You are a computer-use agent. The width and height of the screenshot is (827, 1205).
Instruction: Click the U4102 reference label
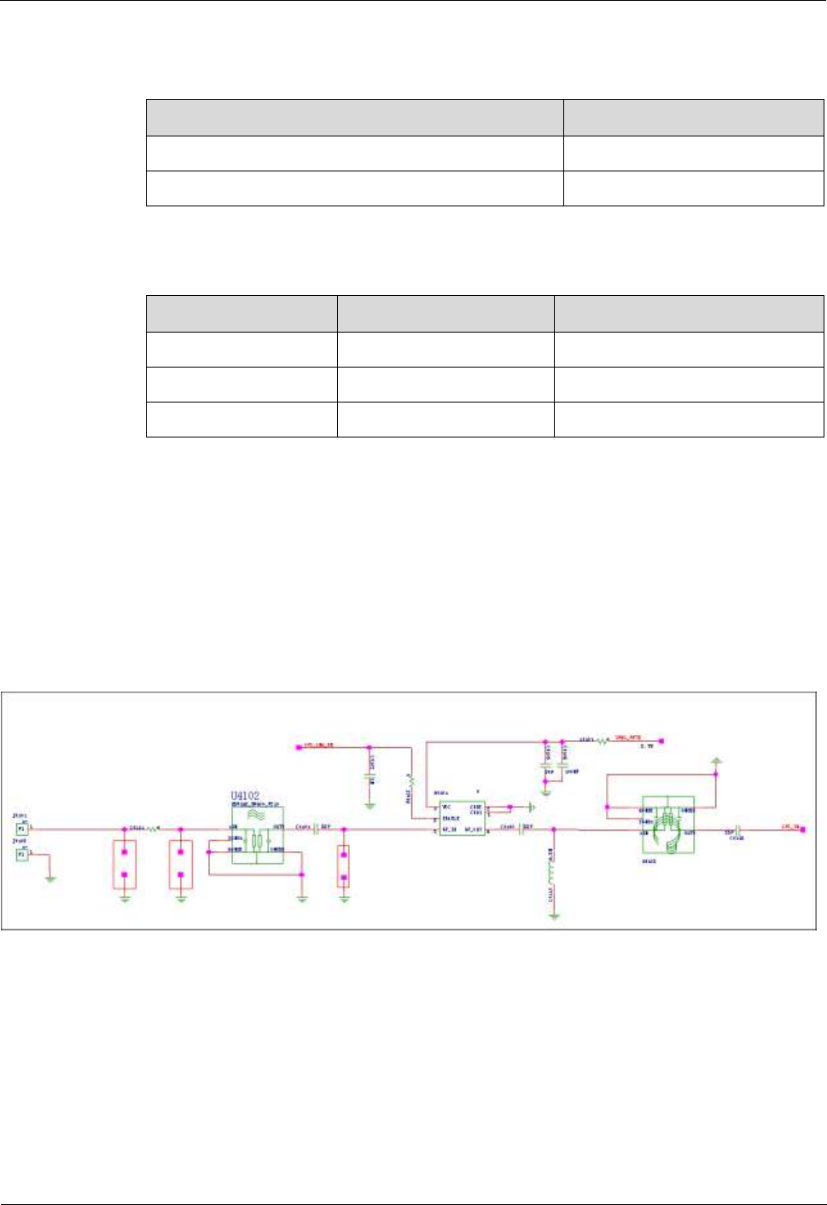click(245, 797)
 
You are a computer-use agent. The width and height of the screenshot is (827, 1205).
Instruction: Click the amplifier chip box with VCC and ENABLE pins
click(462, 818)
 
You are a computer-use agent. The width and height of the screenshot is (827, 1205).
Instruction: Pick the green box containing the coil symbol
click(668, 824)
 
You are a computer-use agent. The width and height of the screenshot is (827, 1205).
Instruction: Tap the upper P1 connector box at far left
click(22, 828)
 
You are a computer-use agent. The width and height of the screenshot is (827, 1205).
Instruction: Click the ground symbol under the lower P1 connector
click(50, 878)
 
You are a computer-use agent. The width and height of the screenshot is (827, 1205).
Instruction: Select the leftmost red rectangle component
click(125, 865)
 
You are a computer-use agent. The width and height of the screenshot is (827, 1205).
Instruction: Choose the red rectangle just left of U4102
click(181, 865)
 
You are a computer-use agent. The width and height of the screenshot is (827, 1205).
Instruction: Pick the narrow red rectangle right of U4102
click(343, 866)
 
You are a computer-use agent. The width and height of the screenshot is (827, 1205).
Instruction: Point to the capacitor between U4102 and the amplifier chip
click(316, 828)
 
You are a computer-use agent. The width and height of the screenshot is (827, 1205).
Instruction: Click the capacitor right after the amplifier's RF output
click(520, 828)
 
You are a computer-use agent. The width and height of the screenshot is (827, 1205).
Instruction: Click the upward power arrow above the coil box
click(716, 759)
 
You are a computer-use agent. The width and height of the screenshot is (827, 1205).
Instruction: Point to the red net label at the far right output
click(790, 826)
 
